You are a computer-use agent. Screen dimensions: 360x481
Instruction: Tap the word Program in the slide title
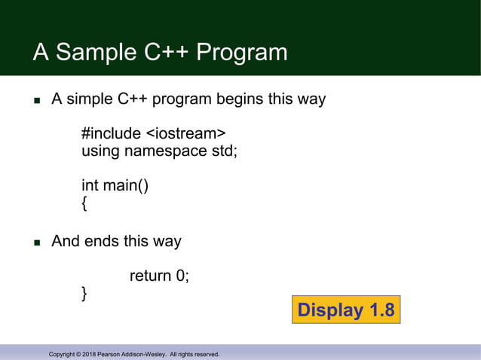click(241, 53)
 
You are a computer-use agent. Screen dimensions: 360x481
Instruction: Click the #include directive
click(111, 134)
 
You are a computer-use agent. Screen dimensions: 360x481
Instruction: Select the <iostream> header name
click(185, 134)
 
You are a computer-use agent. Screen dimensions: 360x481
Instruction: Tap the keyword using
click(101, 151)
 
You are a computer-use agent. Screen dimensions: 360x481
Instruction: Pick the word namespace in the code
click(167, 151)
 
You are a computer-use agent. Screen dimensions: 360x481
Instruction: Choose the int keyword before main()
click(90, 185)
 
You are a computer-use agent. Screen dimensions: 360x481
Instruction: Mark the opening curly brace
click(84, 202)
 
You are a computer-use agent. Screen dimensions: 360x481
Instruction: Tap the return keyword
click(150, 276)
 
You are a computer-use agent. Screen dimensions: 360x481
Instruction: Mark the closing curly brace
click(84, 293)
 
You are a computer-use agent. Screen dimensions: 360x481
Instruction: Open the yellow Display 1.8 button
click(345, 310)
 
